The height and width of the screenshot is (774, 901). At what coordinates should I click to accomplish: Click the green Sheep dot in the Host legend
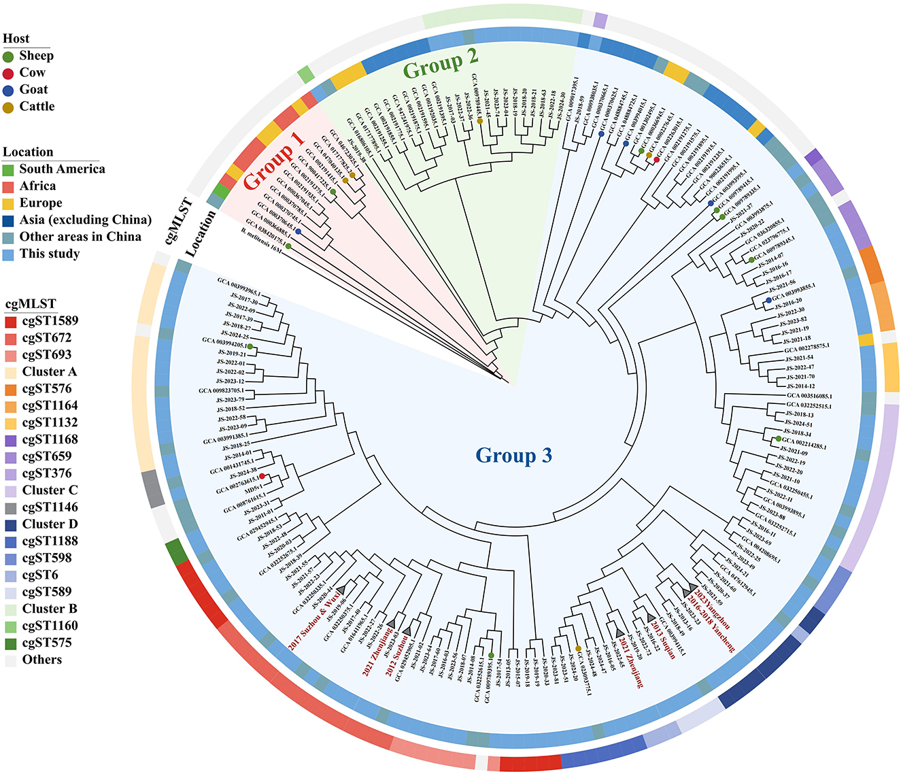(8, 56)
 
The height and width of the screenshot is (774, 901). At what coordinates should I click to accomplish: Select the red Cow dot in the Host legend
(8, 73)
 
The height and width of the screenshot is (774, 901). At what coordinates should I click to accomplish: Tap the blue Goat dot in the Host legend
(8, 90)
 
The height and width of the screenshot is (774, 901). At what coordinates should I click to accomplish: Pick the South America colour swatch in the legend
(8, 169)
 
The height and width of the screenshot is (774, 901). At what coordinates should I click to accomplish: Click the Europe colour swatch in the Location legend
(8, 203)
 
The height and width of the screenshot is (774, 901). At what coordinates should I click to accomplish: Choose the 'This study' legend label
(50, 254)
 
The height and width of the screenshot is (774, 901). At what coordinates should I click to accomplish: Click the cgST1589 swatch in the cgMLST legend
(10, 321)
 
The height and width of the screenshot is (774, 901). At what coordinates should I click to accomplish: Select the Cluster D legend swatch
(10, 524)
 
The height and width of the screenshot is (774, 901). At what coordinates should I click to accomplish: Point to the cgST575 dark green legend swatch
(10, 643)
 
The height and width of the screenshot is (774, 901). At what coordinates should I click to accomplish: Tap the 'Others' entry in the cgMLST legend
(41, 660)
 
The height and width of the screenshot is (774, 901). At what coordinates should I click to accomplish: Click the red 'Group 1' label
(273, 161)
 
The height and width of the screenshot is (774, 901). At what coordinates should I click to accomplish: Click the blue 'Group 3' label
(513, 455)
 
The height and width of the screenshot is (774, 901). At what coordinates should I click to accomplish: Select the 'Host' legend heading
(16, 39)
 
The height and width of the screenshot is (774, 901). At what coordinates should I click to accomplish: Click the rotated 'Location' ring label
(201, 233)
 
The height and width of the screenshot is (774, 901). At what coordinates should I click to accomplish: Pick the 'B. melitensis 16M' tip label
(261, 241)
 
